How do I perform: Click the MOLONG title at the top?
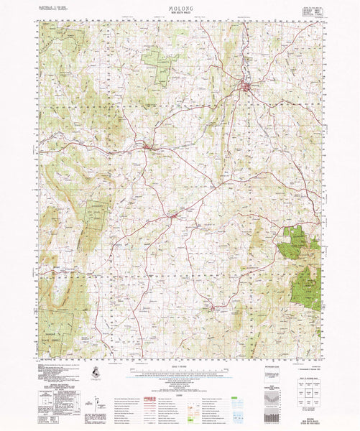(179, 6)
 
